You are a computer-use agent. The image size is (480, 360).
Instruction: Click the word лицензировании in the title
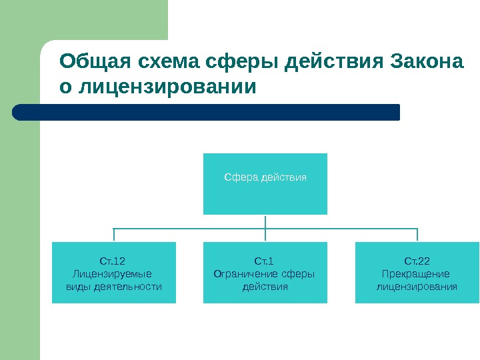pos(167,87)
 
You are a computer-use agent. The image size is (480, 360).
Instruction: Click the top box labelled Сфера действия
pos(265,183)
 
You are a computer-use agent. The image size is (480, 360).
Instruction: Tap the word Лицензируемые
pos(112,274)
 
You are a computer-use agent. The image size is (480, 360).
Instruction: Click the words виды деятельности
pos(114,287)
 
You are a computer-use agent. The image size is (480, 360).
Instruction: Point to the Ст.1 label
pos(265,261)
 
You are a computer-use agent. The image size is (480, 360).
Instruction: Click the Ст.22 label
pos(417,261)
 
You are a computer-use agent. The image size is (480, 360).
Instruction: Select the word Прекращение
pos(416,274)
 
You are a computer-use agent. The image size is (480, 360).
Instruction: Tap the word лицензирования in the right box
pos(417,287)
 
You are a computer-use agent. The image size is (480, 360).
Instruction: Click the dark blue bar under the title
pos(207,112)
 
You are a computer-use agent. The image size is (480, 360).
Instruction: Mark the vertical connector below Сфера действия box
pos(265,221)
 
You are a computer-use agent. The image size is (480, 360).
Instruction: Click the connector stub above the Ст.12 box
pos(114,235)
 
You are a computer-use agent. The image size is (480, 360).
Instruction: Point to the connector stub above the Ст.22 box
pos(417,235)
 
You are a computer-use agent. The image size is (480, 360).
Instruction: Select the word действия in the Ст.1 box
pos(265,287)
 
